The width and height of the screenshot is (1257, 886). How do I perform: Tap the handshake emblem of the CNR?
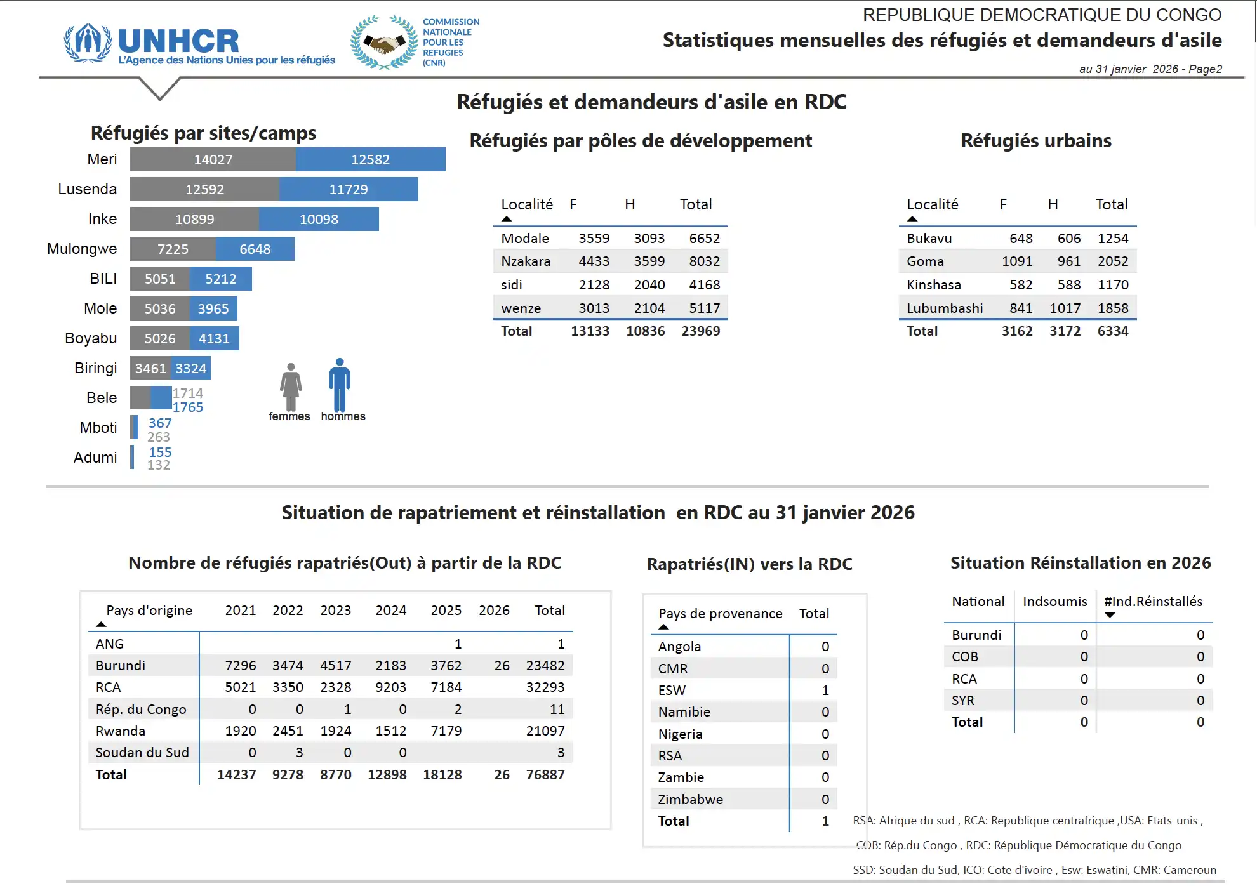click(383, 43)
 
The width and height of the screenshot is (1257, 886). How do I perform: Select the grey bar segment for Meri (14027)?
click(213, 159)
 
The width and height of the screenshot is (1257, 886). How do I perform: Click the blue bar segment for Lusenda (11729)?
click(349, 189)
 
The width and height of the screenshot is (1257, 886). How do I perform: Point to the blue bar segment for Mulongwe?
click(255, 249)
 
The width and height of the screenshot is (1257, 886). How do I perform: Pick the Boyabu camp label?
click(91, 338)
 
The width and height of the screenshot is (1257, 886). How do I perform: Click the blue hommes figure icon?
click(340, 385)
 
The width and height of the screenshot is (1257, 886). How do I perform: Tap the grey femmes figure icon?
click(291, 388)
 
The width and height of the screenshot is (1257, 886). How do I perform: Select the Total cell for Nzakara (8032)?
click(704, 261)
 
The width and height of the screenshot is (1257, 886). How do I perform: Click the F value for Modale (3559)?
click(594, 239)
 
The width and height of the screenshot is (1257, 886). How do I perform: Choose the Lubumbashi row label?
click(944, 308)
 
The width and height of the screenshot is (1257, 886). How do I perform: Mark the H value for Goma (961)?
click(1068, 261)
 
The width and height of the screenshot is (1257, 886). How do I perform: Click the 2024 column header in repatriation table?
click(390, 611)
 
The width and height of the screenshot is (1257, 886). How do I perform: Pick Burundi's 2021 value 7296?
click(241, 666)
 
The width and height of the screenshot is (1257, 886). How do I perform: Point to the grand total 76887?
click(545, 775)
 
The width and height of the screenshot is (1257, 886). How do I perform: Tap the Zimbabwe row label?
click(690, 800)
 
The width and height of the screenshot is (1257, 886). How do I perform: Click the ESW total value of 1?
click(825, 691)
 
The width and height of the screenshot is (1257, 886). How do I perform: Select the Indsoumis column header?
click(1054, 602)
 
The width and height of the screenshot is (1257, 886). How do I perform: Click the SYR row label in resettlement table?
click(962, 701)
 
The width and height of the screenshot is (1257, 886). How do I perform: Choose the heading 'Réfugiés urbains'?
click(1035, 141)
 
